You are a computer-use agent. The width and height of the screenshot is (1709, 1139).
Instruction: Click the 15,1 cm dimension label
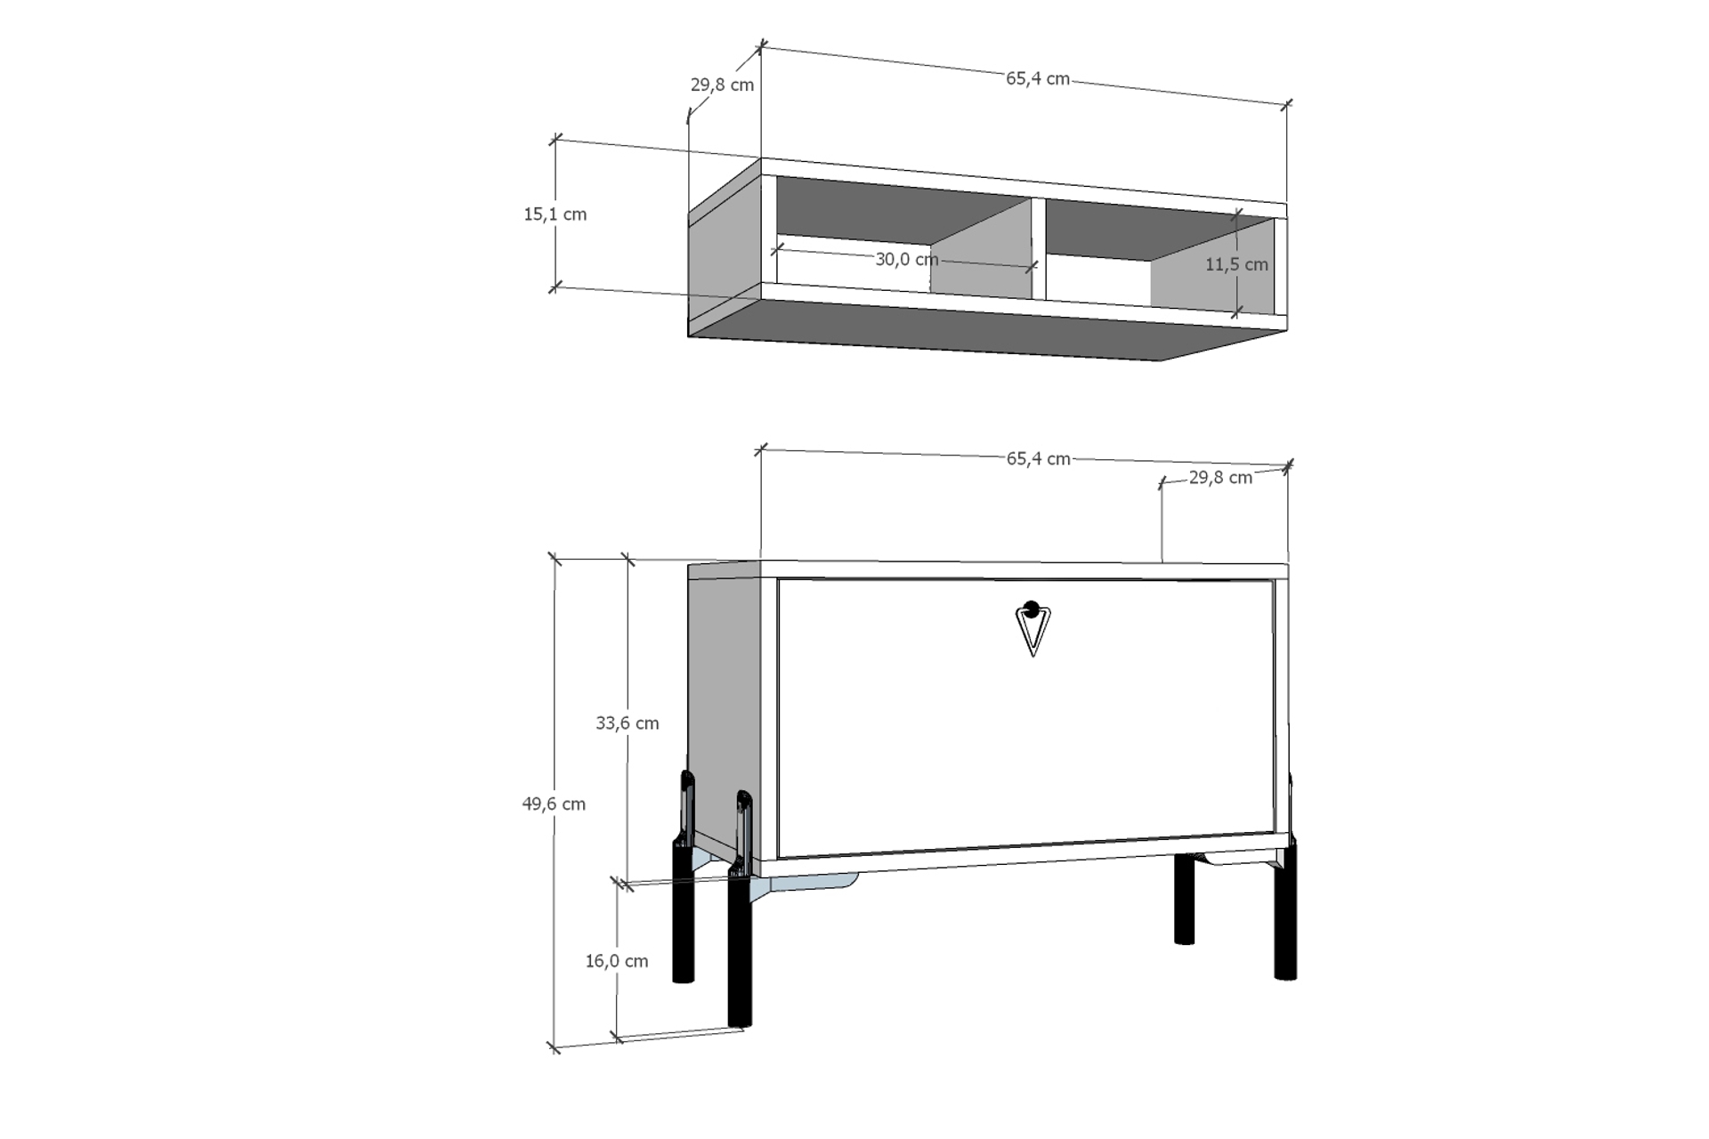pyautogui.click(x=555, y=214)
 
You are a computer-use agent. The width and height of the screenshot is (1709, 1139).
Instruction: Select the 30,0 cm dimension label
pyautogui.click(x=906, y=259)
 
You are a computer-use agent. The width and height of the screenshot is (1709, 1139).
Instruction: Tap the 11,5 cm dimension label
pyautogui.click(x=1236, y=264)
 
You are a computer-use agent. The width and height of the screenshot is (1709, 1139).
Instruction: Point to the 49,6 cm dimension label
pyautogui.click(x=554, y=804)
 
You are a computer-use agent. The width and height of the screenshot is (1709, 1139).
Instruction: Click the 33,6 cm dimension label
pyautogui.click(x=628, y=723)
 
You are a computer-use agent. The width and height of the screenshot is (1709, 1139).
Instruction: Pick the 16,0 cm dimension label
pyautogui.click(x=617, y=961)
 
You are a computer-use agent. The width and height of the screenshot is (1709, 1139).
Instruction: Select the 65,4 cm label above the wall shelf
pyautogui.click(x=1038, y=78)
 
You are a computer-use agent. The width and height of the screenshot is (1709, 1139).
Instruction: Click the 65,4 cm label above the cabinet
pyautogui.click(x=1039, y=459)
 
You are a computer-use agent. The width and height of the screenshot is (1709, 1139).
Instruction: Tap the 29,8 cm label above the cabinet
pyautogui.click(x=1220, y=478)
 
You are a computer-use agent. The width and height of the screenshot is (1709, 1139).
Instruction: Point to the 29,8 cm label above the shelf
pyautogui.click(x=722, y=85)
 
